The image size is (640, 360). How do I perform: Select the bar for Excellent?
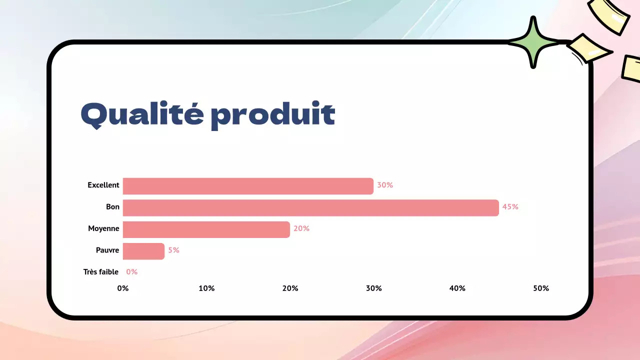pos(248,186)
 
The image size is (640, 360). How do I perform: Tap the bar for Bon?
pos(310,207)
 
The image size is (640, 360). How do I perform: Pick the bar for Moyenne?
pos(206,229)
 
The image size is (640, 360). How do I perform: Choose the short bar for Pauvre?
pos(143,251)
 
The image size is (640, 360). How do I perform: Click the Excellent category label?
pos(103,185)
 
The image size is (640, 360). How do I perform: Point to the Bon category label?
pos(112,207)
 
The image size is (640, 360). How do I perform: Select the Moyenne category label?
pos(103,228)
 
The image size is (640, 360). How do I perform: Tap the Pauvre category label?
pos(107,250)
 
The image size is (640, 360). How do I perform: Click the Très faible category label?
pos(101,272)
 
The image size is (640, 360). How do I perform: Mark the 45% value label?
pos(510,207)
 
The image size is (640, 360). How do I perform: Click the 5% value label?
pos(173,250)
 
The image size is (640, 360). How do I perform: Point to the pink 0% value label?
pos(131,272)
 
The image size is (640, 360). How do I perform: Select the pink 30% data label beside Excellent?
pos(385,185)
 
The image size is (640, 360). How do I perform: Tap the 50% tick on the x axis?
pos(541,288)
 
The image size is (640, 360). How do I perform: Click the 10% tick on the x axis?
pos(206,288)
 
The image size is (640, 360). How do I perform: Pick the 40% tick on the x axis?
pos(457,288)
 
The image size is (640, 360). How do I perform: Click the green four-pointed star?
pos(533,42)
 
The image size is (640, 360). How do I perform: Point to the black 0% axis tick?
pos(123,288)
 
